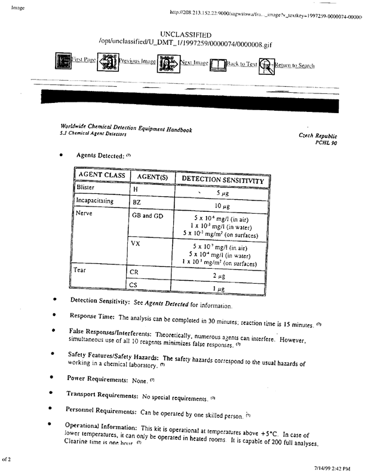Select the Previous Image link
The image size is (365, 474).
coord(137,61)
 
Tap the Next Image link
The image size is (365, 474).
coord(194,63)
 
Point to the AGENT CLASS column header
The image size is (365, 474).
coord(100,176)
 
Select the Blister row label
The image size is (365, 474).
coord(86,187)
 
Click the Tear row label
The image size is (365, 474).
coord(82,269)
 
